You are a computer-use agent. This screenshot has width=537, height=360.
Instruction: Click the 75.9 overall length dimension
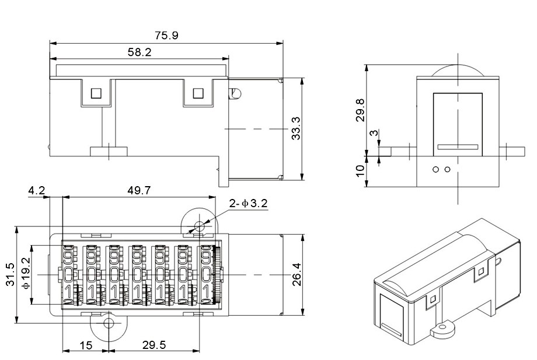click(x=166, y=36)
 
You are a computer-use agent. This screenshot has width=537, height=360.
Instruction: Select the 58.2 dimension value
click(x=140, y=53)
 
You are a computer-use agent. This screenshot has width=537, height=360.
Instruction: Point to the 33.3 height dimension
click(x=296, y=128)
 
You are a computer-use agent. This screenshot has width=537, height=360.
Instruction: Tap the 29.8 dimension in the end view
click(x=361, y=110)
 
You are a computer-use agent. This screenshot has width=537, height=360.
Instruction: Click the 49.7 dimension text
click(x=139, y=191)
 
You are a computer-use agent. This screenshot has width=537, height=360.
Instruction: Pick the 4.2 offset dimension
click(x=36, y=191)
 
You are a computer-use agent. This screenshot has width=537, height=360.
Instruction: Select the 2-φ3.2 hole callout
click(x=248, y=204)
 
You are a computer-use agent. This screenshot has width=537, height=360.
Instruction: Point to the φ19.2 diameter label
click(x=26, y=273)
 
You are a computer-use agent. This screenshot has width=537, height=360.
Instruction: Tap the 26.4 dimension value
click(x=297, y=274)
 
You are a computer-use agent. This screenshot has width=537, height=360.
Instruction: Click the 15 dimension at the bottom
click(x=86, y=345)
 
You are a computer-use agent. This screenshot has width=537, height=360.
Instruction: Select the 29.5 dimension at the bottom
click(x=155, y=345)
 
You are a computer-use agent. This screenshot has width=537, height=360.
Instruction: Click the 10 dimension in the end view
click(x=360, y=171)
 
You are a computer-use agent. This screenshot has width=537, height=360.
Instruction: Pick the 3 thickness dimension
click(x=375, y=133)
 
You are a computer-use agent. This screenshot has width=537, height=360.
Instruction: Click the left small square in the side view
click(x=96, y=93)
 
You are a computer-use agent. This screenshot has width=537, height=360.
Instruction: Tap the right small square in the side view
click(x=198, y=93)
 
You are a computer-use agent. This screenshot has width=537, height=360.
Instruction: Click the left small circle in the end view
click(x=435, y=169)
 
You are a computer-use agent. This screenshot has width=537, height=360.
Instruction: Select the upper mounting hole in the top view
click(x=199, y=226)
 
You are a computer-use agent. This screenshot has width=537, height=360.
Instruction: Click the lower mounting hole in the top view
click(x=109, y=323)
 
